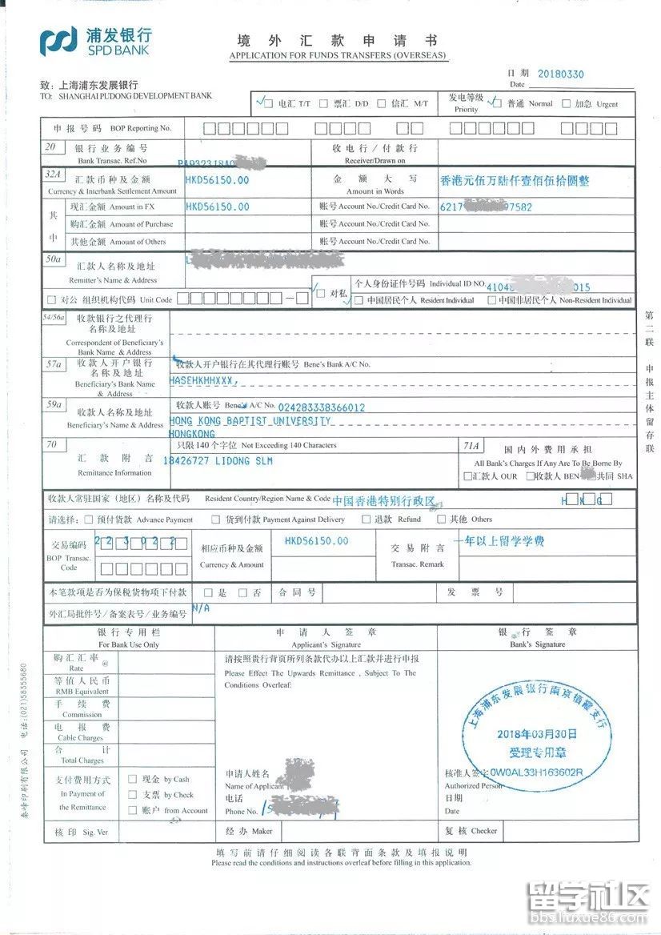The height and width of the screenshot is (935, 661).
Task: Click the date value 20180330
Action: pos(560,74)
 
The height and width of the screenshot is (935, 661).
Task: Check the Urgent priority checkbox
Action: pos(567,103)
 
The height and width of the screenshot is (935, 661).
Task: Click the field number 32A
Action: pos(54,173)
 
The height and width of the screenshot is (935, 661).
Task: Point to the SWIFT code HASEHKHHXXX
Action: pos(203,380)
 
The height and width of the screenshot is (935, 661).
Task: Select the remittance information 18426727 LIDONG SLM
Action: pos(218,461)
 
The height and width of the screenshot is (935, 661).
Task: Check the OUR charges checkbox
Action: pos(467,477)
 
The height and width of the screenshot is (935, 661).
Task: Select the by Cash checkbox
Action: pos(133,779)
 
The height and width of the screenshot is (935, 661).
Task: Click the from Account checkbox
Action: pos(133,810)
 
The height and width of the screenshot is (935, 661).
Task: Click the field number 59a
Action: pos(54,405)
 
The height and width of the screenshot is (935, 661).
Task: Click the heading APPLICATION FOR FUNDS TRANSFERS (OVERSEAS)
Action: pos(339,56)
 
